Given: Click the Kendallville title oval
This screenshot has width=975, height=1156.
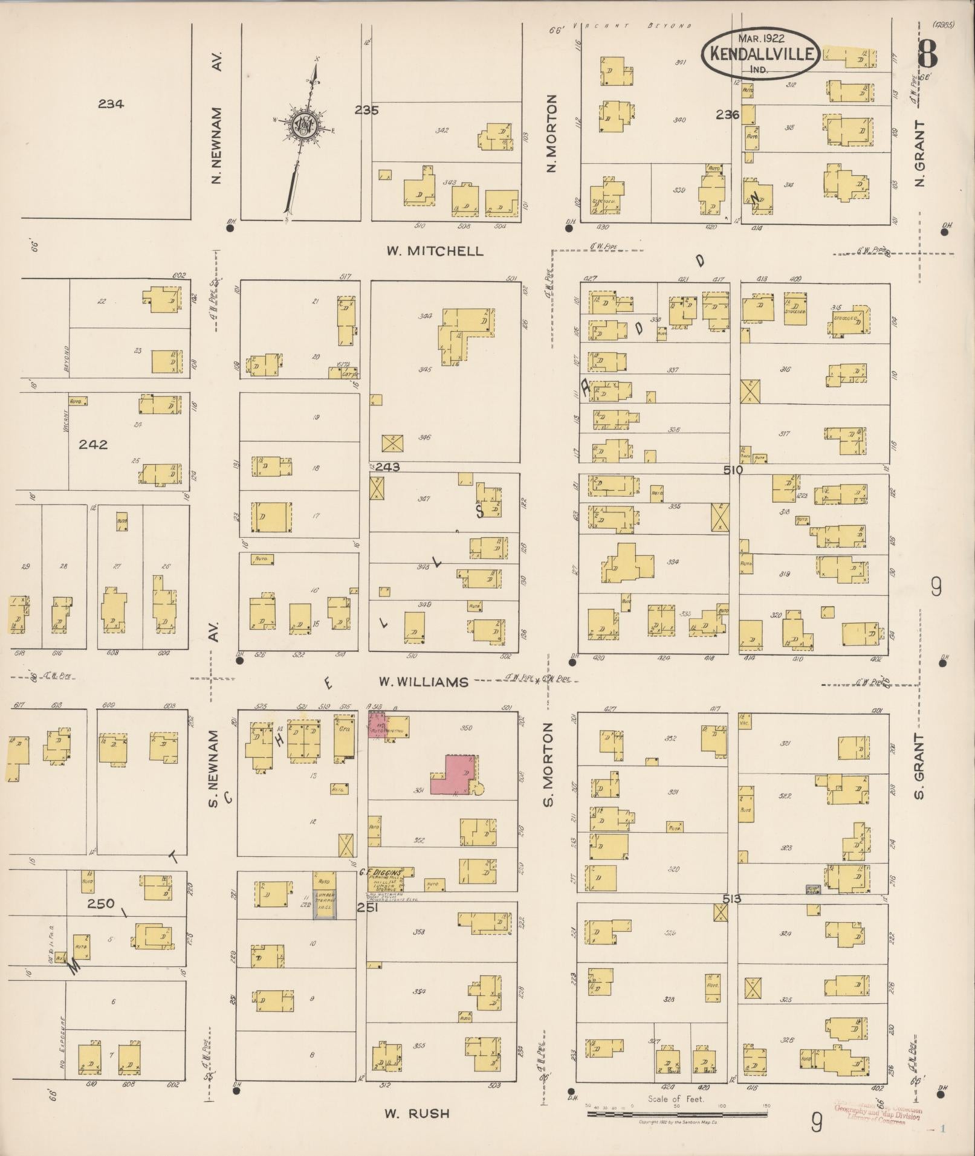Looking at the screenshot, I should pyautogui.click(x=760, y=53).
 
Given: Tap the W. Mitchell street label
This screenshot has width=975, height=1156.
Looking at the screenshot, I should pyautogui.click(x=435, y=251).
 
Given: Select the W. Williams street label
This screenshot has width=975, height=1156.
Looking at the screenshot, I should pyautogui.click(x=423, y=682).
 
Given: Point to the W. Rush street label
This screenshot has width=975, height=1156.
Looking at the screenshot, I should pyautogui.click(x=417, y=1112).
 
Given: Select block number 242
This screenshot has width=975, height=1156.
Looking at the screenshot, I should pyautogui.click(x=93, y=445).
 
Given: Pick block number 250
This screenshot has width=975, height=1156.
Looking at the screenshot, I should pyautogui.click(x=100, y=904).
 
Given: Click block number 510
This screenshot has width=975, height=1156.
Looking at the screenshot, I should pyautogui.click(x=735, y=470).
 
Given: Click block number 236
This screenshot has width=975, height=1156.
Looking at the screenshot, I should pyautogui.click(x=728, y=114).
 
